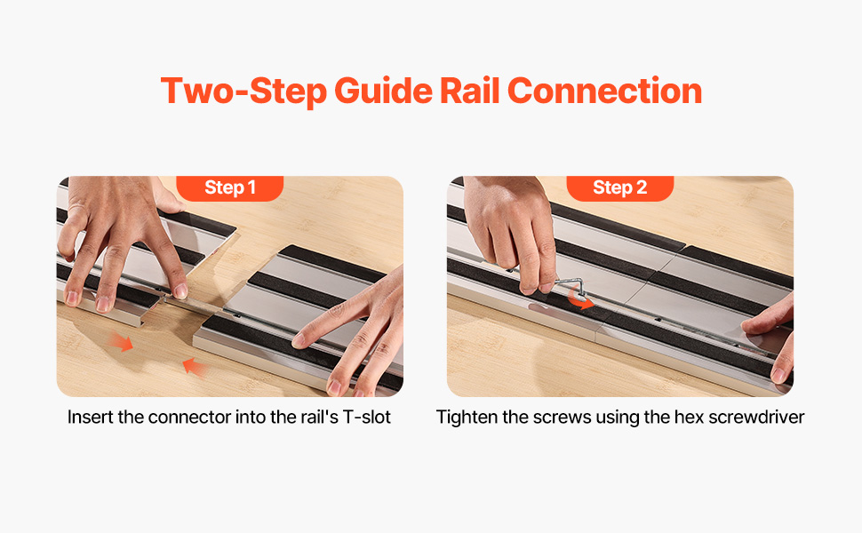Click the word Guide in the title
coord(383,91)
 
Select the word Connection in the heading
coord(604,91)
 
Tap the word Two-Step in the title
coord(243,91)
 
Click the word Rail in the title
coord(470,91)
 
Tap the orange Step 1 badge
coord(230,188)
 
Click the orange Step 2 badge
coord(620,188)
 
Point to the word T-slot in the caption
coord(367,417)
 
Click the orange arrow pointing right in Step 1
coord(121,341)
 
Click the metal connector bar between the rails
coord(190,304)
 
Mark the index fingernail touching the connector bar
coord(180,290)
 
